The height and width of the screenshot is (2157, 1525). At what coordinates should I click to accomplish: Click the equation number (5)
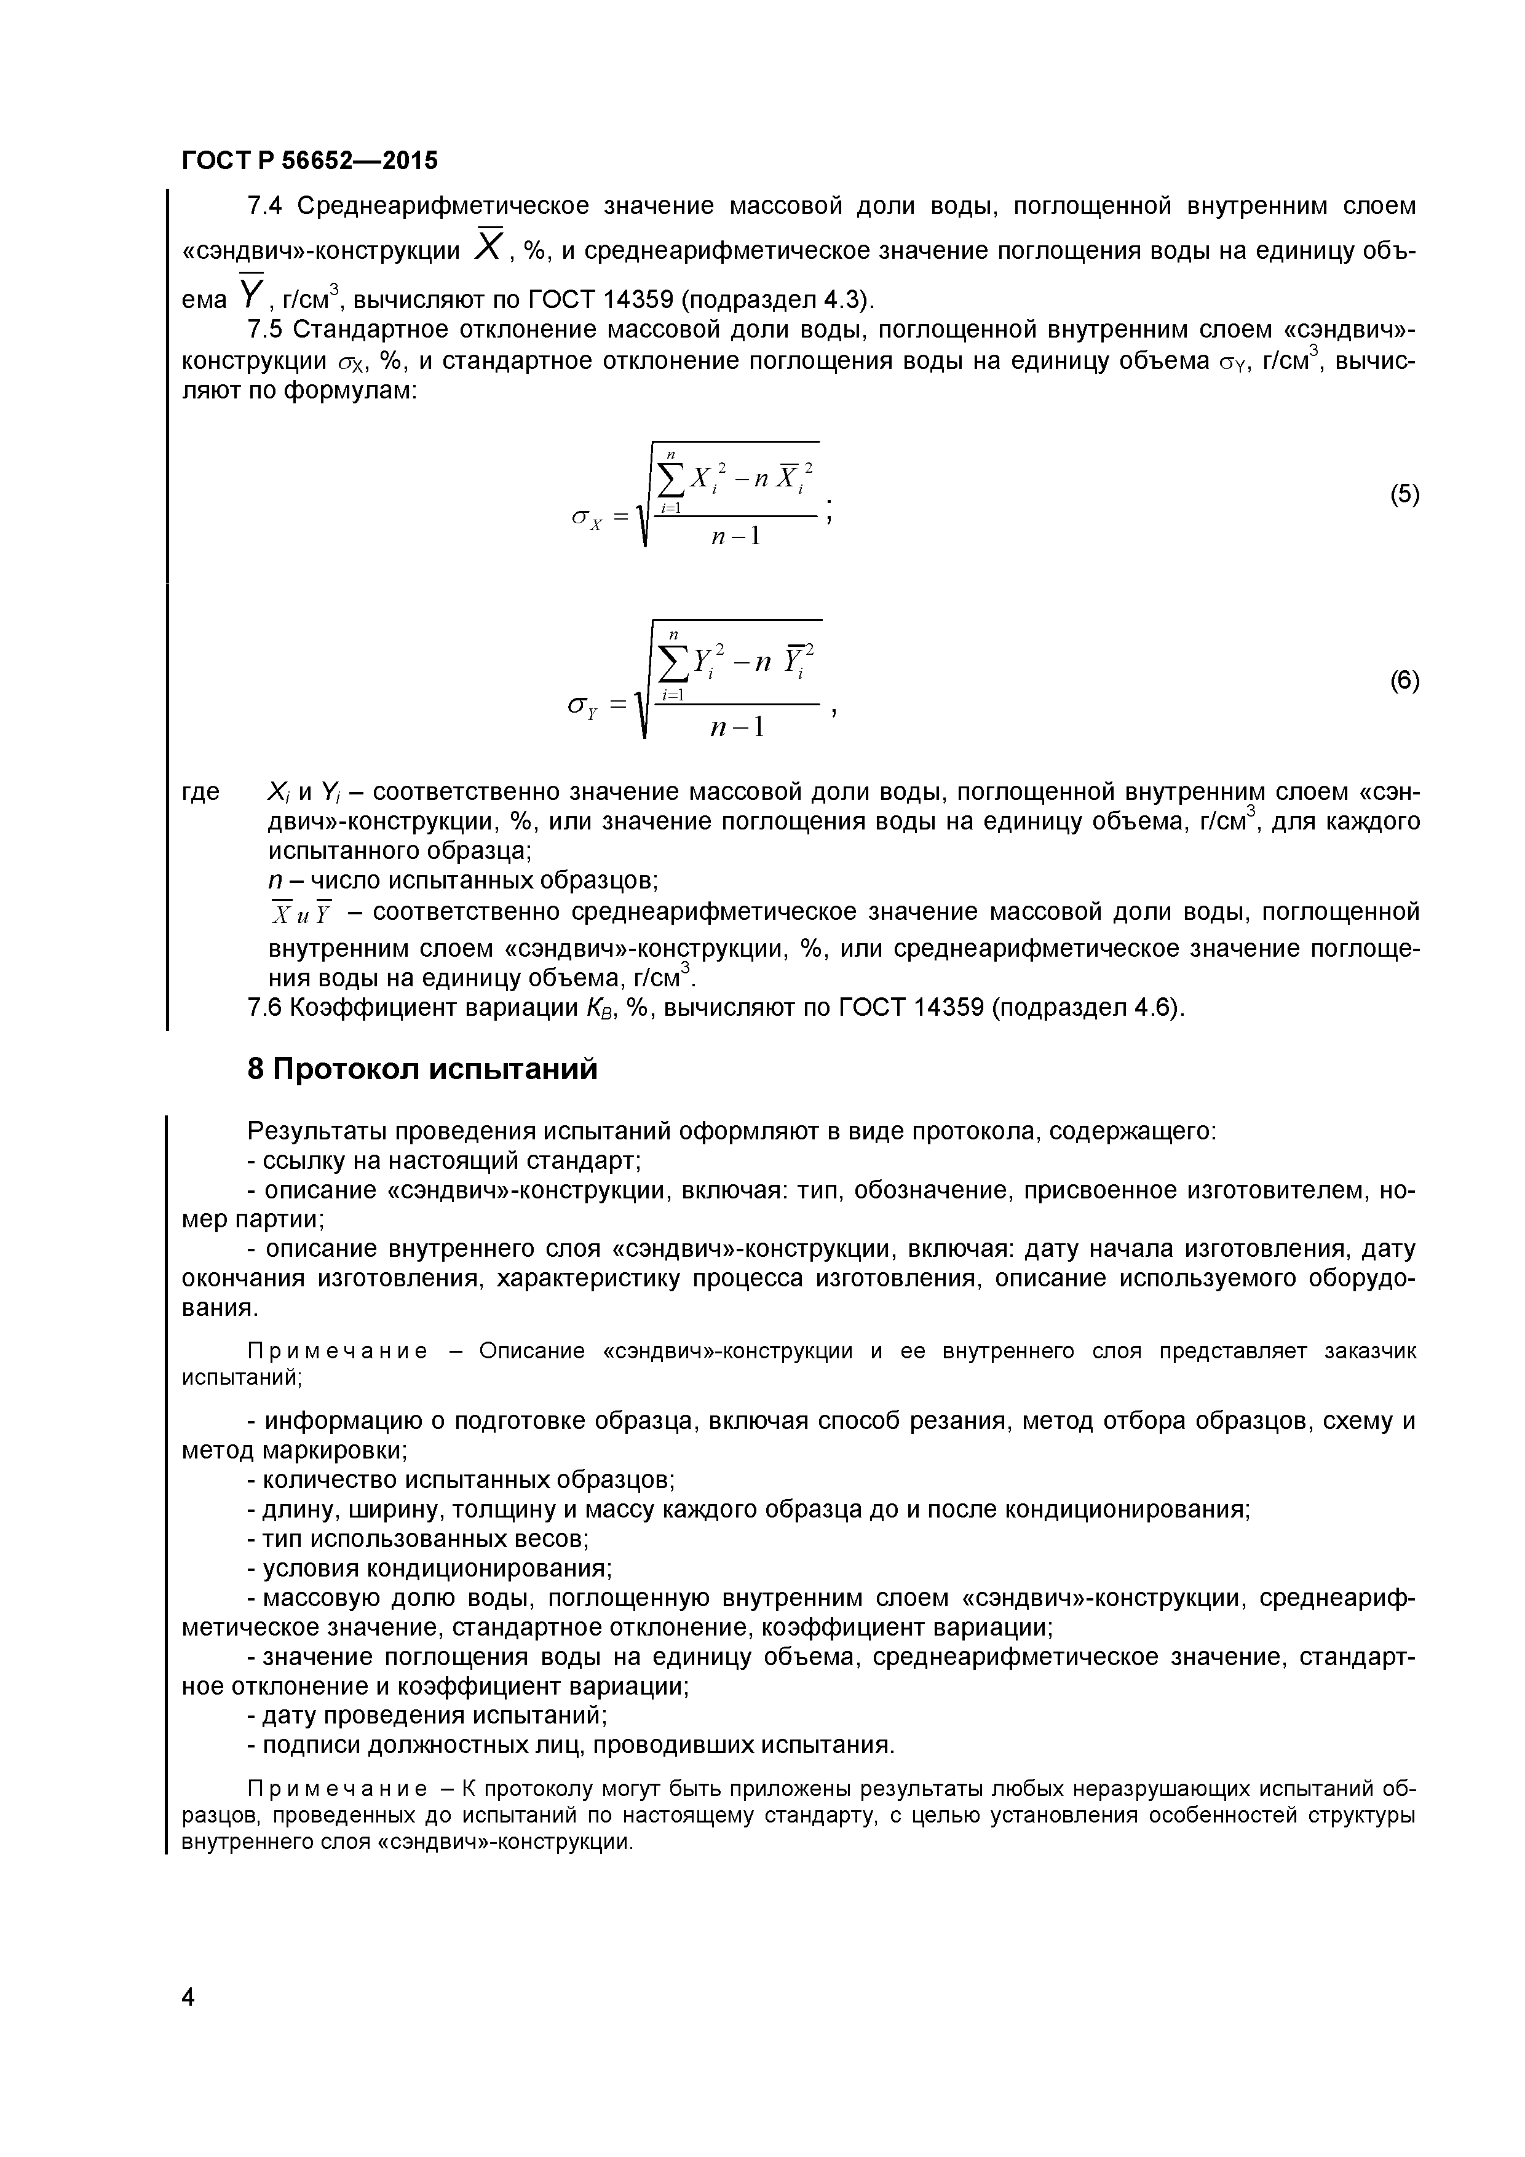click(1404, 495)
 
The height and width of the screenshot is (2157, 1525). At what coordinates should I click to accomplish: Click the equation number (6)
click(1404, 681)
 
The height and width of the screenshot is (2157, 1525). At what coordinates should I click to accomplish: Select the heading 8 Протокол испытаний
click(422, 1069)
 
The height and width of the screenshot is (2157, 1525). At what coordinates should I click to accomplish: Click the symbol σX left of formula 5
click(586, 516)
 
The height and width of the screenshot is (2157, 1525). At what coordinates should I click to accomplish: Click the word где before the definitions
click(200, 792)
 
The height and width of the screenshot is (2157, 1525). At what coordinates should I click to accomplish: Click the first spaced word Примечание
click(336, 1351)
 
